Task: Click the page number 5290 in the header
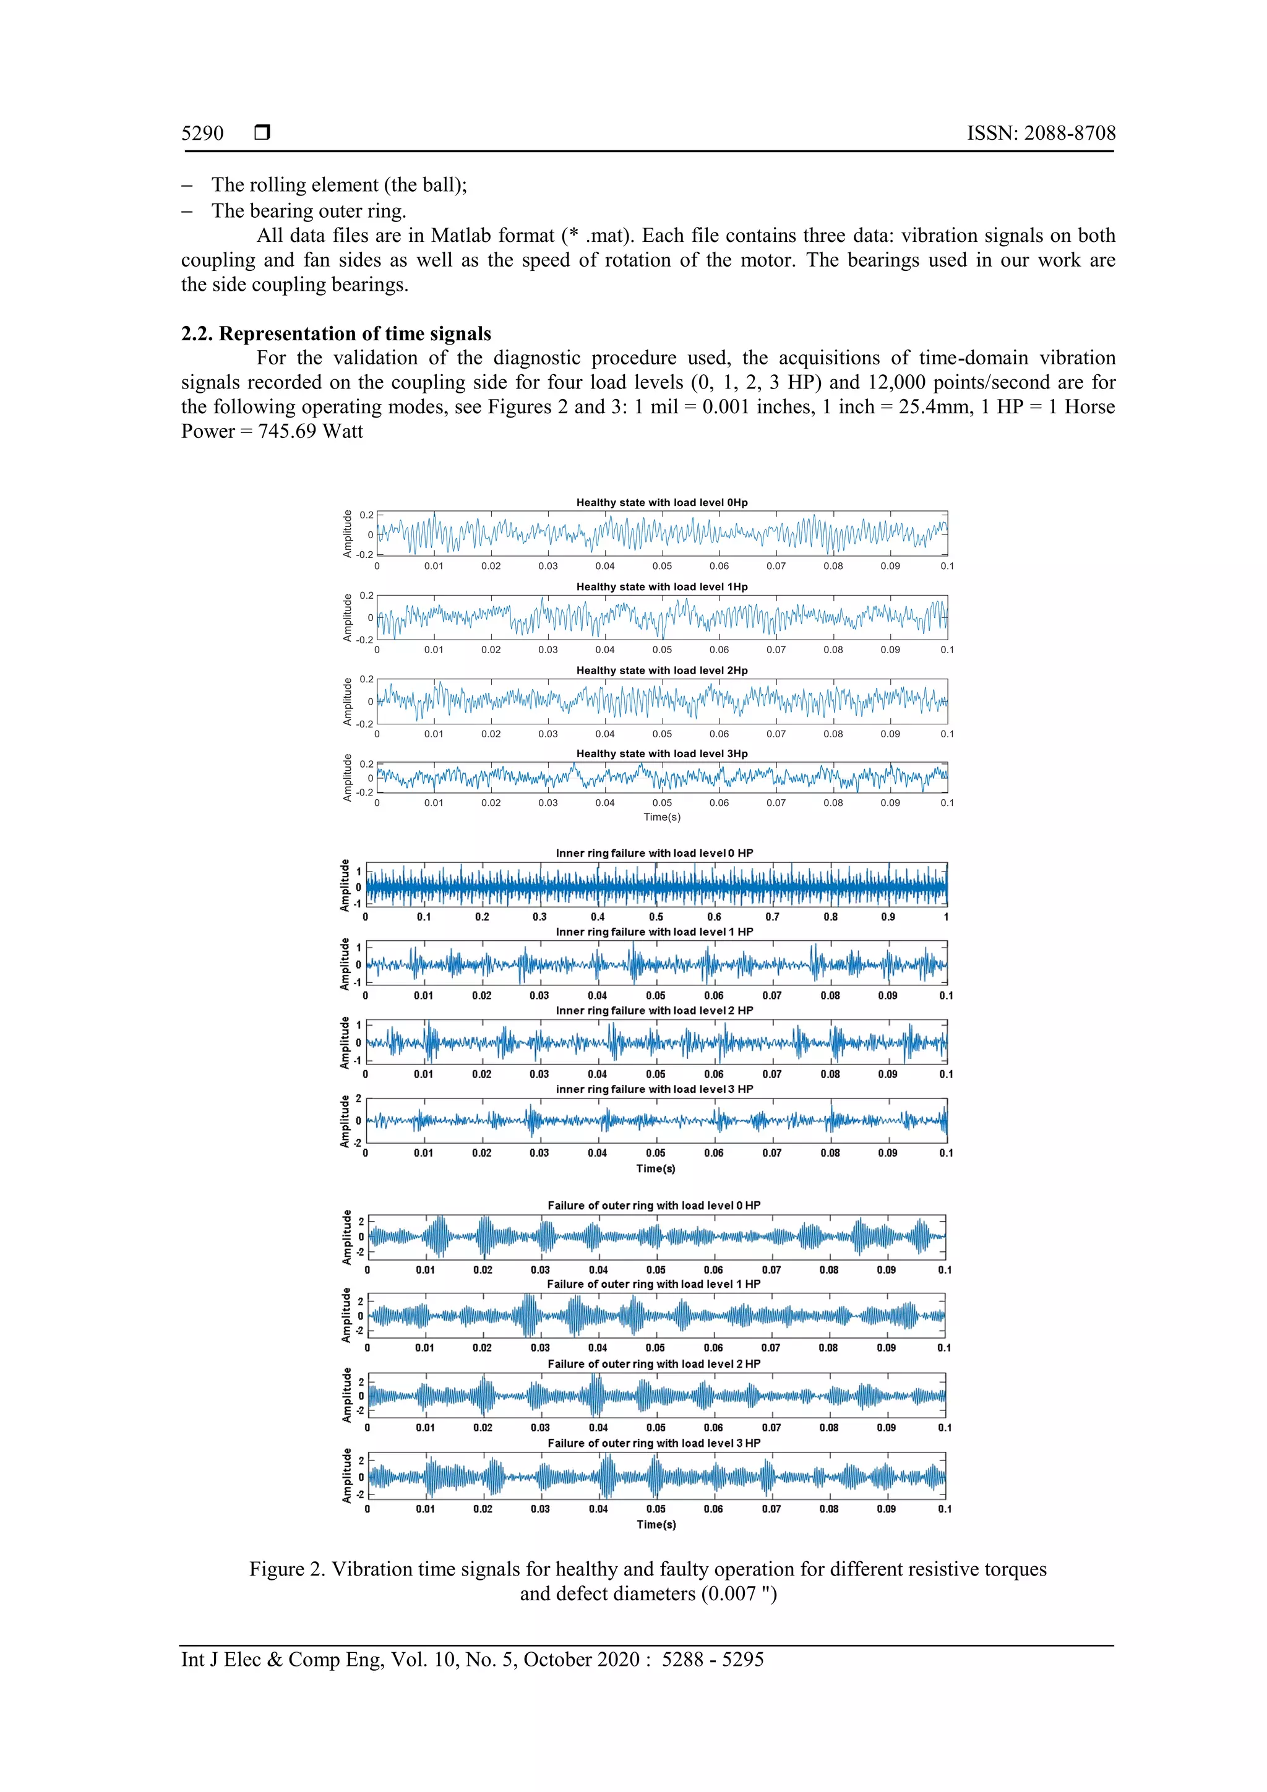pyautogui.click(x=202, y=134)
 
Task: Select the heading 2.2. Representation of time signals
pyautogui.click(x=336, y=333)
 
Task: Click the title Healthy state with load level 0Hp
pyautogui.click(x=661, y=503)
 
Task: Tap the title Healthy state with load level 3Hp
pyautogui.click(x=661, y=754)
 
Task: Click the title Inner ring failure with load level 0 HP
pyautogui.click(x=654, y=853)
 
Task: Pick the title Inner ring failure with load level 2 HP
pyautogui.click(x=654, y=1011)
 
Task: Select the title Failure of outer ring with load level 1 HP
pyautogui.click(x=653, y=1284)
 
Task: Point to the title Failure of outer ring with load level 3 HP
pyautogui.click(x=653, y=1443)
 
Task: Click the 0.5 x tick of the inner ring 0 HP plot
pyautogui.click(x=656, y=917)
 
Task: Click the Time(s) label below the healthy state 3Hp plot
pyautogui.click(x=662, y=817)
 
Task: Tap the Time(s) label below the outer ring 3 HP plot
pyautogui.click(x=656, y=1524)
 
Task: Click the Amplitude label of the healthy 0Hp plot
pyautogui.click(x=348, y=534)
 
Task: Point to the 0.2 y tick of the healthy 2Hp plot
pyautogui.click(x=366, y=679)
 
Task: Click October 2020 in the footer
pyautogui.click(x=581, y=1660)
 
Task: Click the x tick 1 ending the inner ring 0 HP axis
pyautogui.click(x=946, y=917)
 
